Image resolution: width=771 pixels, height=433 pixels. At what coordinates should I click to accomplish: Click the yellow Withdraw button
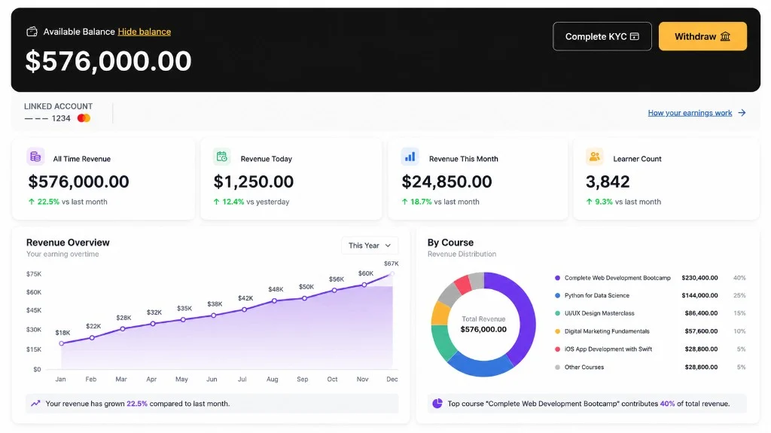[x=702, y=36]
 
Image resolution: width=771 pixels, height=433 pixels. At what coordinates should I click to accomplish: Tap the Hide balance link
[x=145, y=32]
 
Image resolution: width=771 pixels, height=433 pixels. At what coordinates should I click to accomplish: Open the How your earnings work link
[x=690, y=113]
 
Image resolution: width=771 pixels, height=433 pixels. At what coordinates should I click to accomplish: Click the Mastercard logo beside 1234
[x=84, y=118]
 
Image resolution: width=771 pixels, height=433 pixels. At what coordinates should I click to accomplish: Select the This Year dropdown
[x=370, y=245]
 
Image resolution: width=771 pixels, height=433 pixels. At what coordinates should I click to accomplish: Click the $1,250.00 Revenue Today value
[x=253, y=181]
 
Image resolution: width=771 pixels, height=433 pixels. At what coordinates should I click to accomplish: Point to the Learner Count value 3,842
[x=608, y=181]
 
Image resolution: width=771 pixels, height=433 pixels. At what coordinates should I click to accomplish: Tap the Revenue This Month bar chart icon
[x=410, y=157]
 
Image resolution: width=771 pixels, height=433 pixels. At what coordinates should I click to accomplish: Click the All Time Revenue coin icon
[x=35, y=157]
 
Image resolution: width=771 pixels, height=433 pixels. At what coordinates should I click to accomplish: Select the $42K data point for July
[x=245, y=310]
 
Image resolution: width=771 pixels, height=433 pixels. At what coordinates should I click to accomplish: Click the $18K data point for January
[x=62, y=343]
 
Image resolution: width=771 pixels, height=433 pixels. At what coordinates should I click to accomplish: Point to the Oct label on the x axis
[x=332, y=379]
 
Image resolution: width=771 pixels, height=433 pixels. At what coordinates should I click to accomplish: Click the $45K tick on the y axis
[x=34, y=310]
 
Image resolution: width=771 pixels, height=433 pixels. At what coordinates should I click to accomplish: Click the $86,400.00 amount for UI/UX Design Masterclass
[x=701, y=313]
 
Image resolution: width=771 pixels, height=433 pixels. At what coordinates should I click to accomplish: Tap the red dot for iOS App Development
[x=557, y=349]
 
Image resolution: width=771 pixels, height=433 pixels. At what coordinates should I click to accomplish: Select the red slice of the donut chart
[x=463, y=285]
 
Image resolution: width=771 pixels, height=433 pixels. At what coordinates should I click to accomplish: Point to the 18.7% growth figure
[x=421, y=202]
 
